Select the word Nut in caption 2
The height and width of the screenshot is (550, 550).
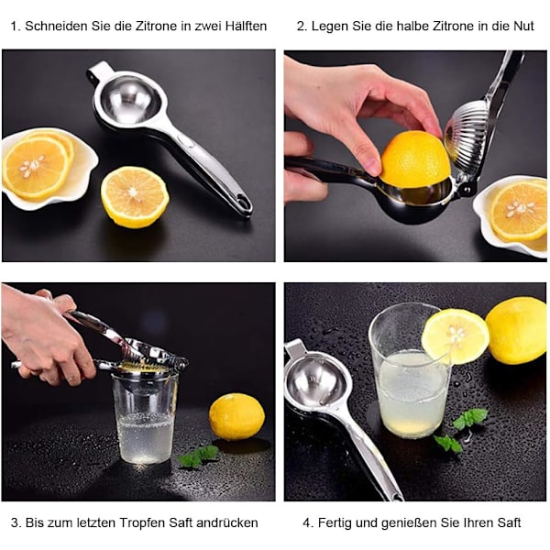[x=524, y=26]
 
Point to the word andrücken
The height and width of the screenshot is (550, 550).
[x=227, y=522]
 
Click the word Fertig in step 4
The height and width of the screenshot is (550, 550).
[x=335, y=522]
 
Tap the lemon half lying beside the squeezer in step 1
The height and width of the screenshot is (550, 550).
[x=135, y=197]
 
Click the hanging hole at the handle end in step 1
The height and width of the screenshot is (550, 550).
[x=244, y=202]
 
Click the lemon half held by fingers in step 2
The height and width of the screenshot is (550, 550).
[x=415, y=159]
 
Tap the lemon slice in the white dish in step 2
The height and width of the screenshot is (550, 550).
[x=519, y=211]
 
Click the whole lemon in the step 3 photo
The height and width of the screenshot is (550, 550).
[x=236, y=416]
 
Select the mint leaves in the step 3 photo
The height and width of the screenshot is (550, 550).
[x=199, y=456]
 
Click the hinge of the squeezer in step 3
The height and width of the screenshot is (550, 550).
[x=181, y=365]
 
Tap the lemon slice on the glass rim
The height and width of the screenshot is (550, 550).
[x=456, y=336]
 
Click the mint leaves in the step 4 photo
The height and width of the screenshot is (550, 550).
[x=460, y=430]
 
